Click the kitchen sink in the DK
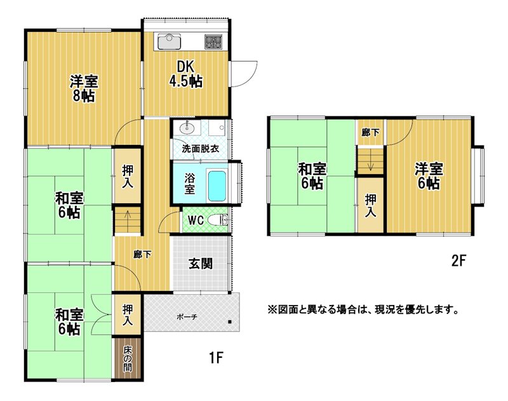(169, 41)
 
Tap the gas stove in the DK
(213, 41)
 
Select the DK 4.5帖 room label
(185, 74)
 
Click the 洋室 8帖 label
(84, 88)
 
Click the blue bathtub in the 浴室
(217, 186)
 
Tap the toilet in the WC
(218, 221)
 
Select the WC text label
(196, 221)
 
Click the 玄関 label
(201, 264)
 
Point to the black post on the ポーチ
(230, 322)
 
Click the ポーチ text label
(187, 317)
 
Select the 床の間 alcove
(127, 359)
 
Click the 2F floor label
(458, 261)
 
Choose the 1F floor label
(216, 358)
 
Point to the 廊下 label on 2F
(370, 132)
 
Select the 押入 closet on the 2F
(371, 205)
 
